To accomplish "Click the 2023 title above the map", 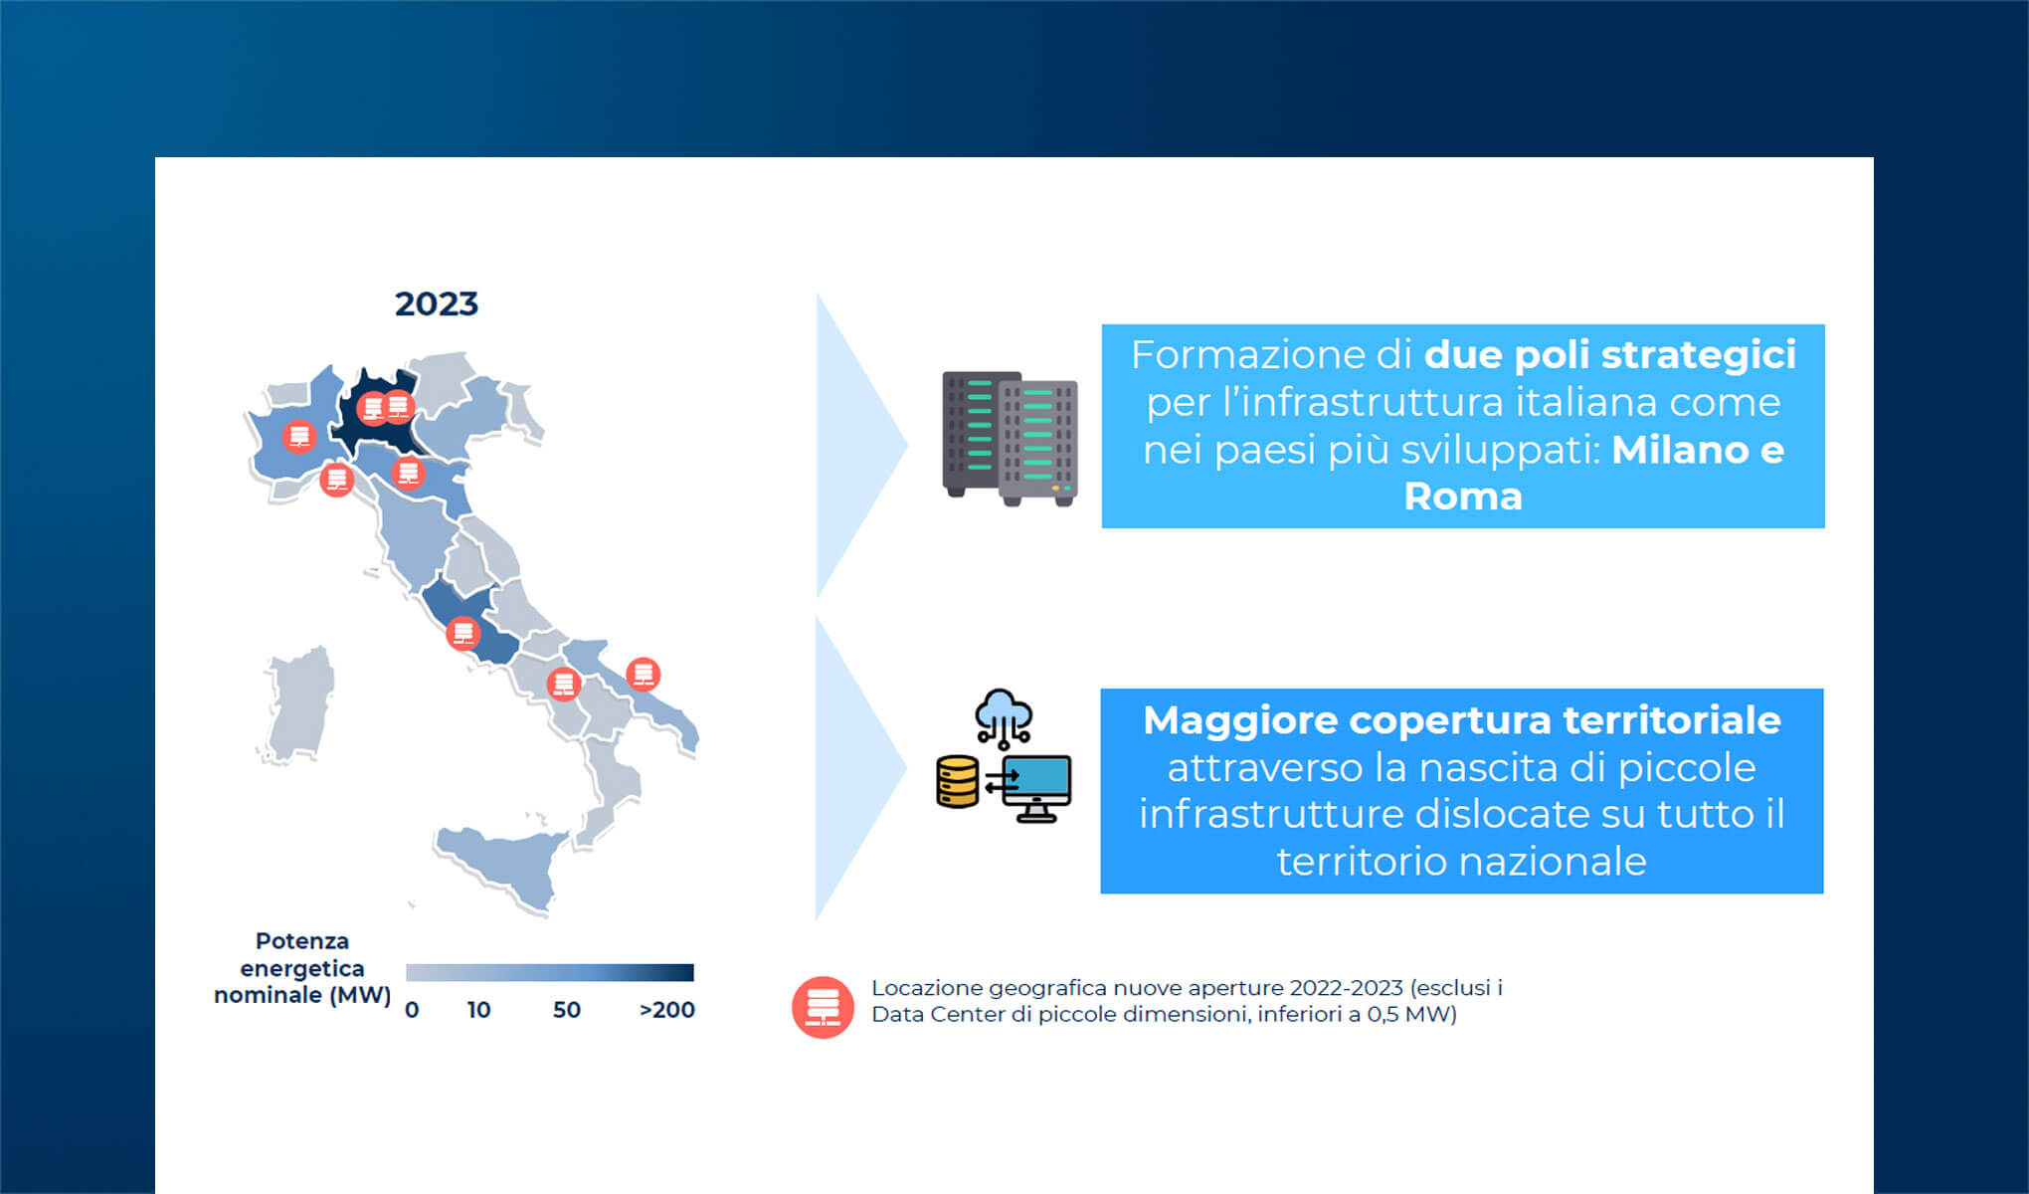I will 436,303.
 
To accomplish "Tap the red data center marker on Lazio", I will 462,633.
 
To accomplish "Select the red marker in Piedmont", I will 298,436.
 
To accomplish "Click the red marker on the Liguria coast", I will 337,480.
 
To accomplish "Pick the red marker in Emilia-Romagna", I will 408,473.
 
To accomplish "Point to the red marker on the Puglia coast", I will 643,675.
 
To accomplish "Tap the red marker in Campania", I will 564,685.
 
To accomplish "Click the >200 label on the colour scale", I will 666,1010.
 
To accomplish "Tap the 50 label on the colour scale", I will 566,1010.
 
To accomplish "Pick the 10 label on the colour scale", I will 478,1010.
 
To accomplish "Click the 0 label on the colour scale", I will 412,1010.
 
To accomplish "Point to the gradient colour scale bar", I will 549,972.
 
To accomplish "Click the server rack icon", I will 1010,438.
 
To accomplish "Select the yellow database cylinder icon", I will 958,782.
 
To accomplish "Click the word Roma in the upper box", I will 1462,497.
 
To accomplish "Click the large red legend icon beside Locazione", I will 823,1007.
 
